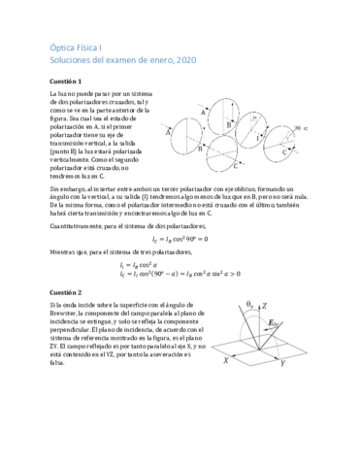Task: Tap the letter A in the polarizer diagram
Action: click(x=203, y=113)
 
